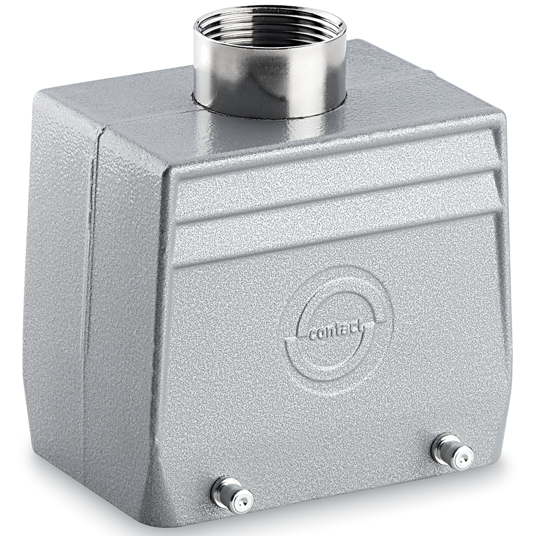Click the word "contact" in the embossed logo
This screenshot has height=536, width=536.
(336, 331)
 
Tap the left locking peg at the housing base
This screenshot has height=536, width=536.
(232, 496)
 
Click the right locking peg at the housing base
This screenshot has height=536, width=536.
(452, 451)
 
